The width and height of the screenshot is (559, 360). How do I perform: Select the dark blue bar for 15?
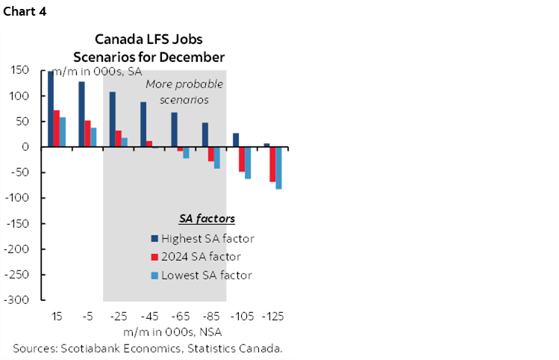pyautogui.click(x=51, y=109)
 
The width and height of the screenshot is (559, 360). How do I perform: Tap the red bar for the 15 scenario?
pyautogui.click(x=57, y=128)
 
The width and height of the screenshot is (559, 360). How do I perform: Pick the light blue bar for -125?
pyautogui.click(x=278, y=168)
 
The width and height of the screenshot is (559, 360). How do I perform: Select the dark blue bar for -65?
pyautogui.click(x=174, y=130)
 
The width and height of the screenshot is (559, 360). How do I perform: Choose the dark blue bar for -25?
pyautogui.click(x=113, y=120)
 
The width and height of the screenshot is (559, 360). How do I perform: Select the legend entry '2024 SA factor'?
pyautogui.click(x=196, y=257)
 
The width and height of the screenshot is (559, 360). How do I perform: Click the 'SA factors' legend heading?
pyautogui.click(x=207, y=219)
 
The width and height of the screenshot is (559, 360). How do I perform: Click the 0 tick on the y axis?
pyautogui.click(x=25, y=147)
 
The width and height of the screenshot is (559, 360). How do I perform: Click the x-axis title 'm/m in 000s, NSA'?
pyautogui.click(x=162, y=331)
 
